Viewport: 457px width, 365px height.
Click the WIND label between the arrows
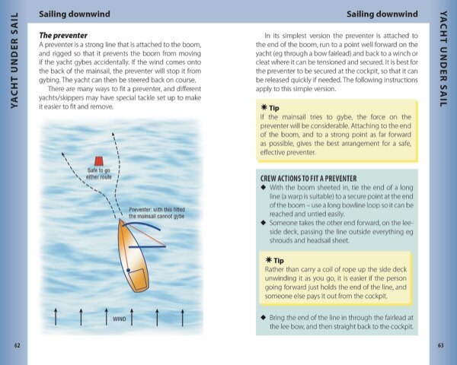(120, 319)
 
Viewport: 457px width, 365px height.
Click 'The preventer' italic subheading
(63, 36)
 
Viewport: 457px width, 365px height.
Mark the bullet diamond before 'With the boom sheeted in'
(263, 187)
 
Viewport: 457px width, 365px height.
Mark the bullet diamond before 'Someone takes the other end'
(263, 222)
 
